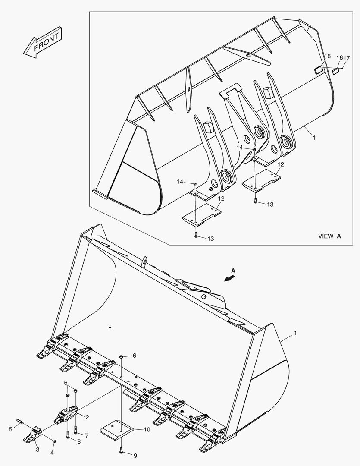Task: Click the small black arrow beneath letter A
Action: pyautogui.click(x=230, y=278)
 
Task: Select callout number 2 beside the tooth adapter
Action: pyautogui.click(x=87, y=417)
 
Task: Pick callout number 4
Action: pyautogui.click(x=52, y=453)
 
